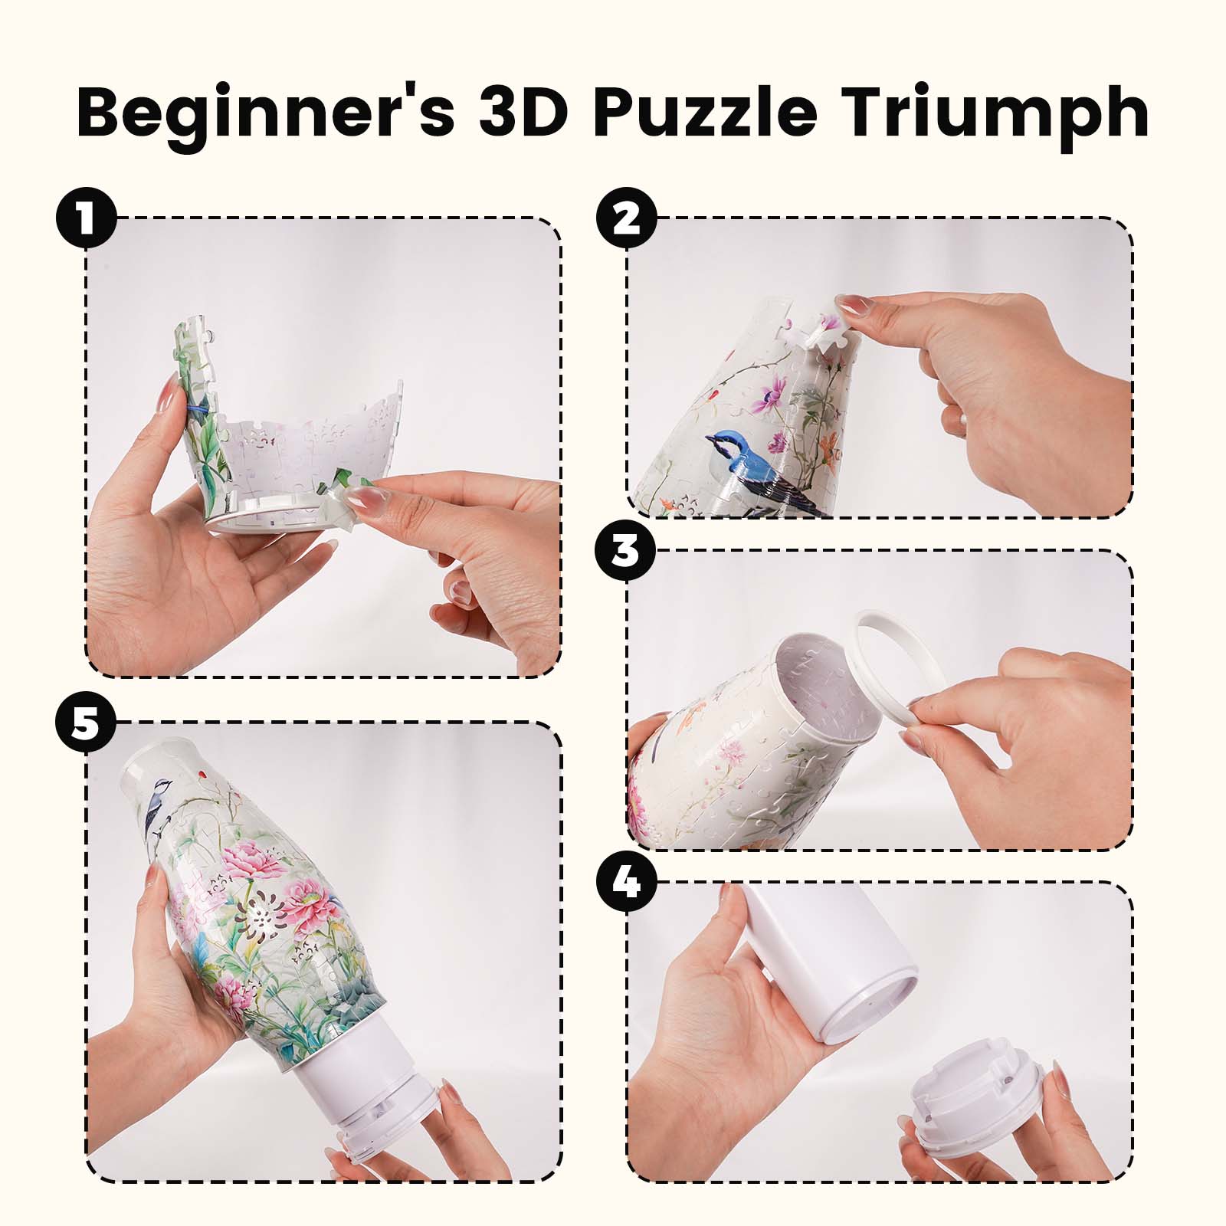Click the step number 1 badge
pos(86,218)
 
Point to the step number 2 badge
pos(627,218)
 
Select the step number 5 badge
pos(86,723)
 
